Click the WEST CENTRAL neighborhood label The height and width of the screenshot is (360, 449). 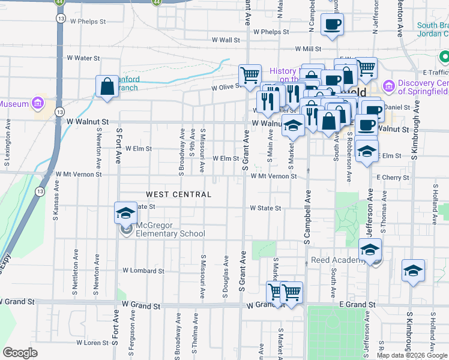pyautogui.click(x=179, y=194)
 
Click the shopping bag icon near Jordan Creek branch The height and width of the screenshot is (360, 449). pyautogui.click(x=107, y=86)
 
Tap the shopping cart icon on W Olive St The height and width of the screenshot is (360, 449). pyautogui.click(x=250, y=76)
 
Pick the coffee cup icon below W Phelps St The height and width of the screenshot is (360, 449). pyautogui.click(x=332, y=25)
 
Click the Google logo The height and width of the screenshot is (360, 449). pyautogui.click(x=20, y=353)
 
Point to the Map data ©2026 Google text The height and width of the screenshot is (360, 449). pyautogui.click(x=412, y=355)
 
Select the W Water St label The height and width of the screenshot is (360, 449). pyautogui.click(x=83, y=58)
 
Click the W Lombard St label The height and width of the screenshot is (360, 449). pyautogui.click(x=143, y=271)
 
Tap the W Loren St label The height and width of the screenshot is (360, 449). pyautogui.click(x=92, y=343)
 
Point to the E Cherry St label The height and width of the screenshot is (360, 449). pyautogui.click(x=393, y=178)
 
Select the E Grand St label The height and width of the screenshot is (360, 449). pyautogui.click(x=357, y=305)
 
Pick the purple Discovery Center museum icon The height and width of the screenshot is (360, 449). pyautogui.click(x=388, y=87)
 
